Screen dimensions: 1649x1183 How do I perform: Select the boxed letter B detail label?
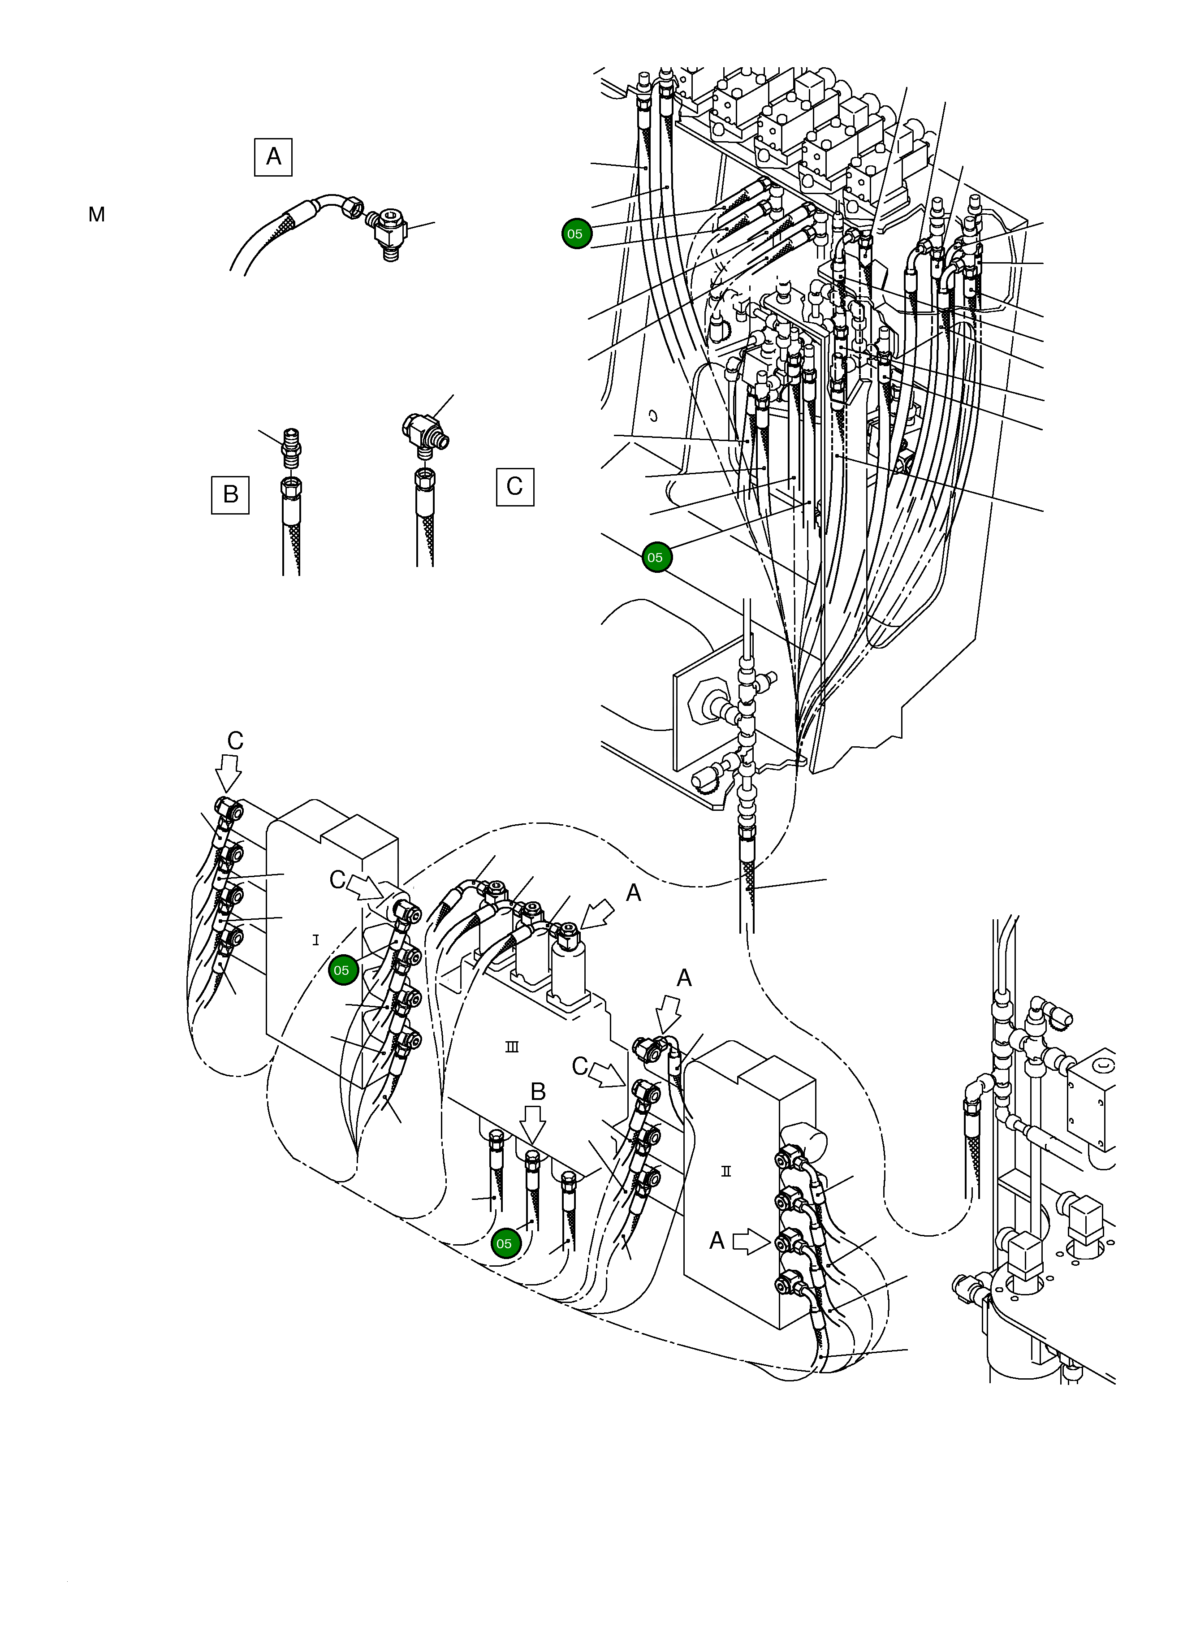230,494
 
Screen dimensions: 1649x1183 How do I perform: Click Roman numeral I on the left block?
315,940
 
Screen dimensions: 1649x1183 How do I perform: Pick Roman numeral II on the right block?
725,1171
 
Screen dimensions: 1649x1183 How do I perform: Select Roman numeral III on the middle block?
512,1047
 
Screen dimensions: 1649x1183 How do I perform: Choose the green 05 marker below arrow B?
504,1243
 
